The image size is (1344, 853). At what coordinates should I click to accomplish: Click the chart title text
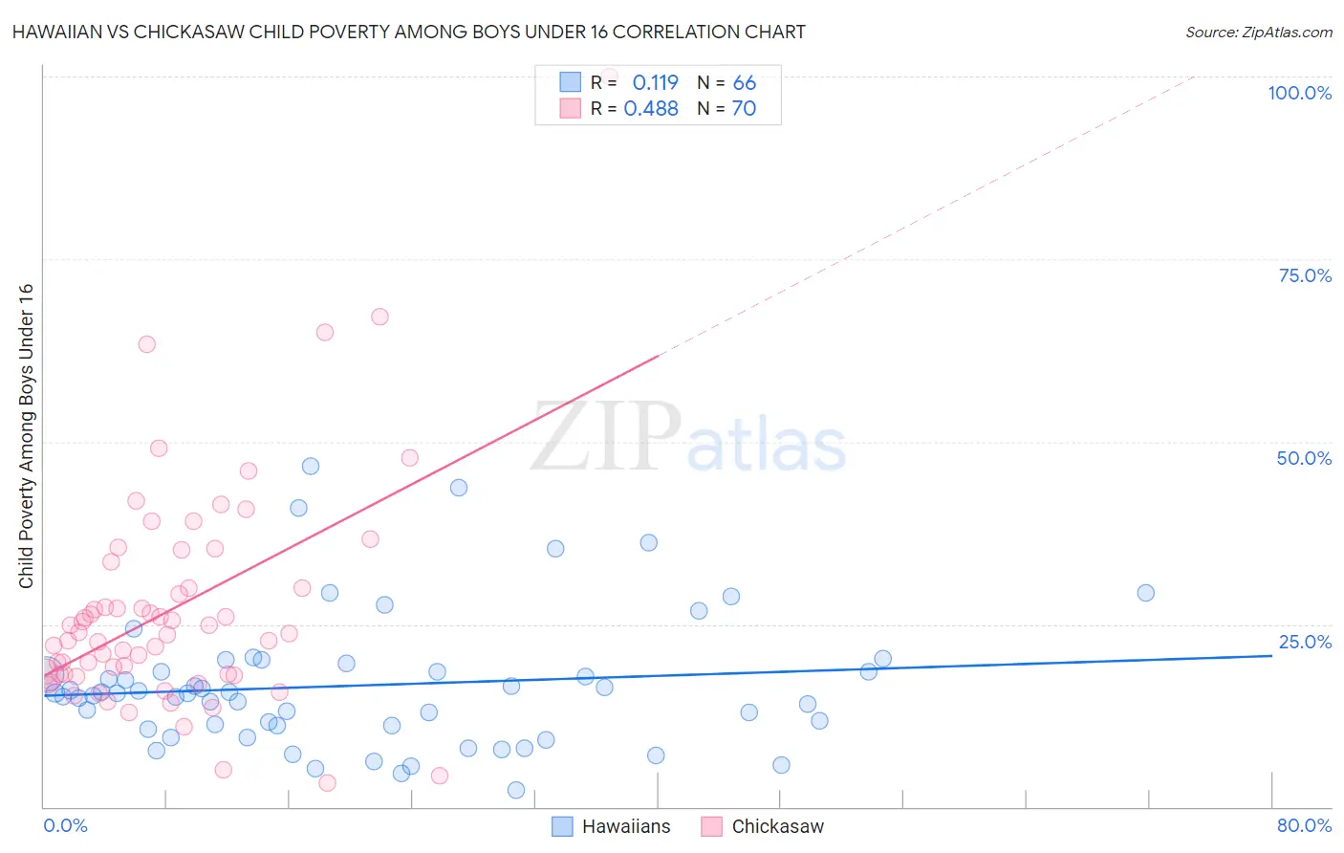click(409, 32)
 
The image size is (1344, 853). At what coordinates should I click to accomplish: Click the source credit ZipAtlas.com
click(1258, 32)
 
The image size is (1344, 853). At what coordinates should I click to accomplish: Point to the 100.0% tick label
click(1299, 93)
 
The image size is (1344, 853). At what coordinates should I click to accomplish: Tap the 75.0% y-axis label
click(1305, 275)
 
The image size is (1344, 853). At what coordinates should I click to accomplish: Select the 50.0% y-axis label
click(1304, 458)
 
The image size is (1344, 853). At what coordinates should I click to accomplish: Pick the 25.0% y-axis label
click(1305, 642)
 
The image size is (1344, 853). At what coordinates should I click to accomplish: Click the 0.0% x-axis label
click(65, 825)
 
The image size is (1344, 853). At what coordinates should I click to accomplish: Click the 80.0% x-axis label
click(1304, 825)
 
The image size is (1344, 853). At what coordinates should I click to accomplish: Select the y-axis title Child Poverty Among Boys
click(26, 436)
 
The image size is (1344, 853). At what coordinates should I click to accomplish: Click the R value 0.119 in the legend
click(655, 83)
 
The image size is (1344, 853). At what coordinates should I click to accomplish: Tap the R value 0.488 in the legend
click(651, 109)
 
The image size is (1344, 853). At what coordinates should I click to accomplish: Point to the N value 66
click(744, 83)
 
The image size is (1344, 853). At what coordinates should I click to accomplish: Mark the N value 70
click(744, 109)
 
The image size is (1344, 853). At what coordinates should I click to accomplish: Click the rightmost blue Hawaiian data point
click(1145, 593)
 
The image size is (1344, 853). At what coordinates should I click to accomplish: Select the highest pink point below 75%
click(379, 317)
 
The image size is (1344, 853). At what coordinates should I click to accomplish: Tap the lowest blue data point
click(516, 790)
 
